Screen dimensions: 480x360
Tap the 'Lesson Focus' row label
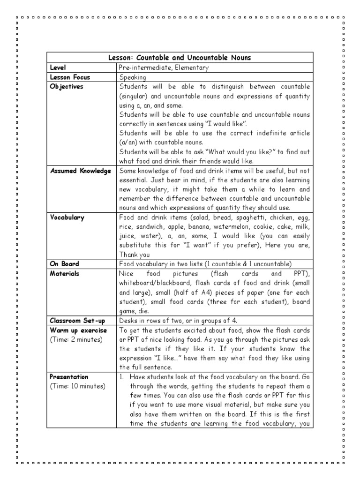(70, 77)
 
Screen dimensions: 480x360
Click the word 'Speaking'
(133, 77)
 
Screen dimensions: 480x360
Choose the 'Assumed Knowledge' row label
(81, 171)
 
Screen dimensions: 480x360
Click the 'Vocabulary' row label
(67, 217)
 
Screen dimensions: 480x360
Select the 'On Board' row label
(65, 264)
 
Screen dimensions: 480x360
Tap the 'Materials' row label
(65, 273)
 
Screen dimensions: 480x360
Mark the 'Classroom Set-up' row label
(77, 321)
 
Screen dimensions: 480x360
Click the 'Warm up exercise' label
(78, 330)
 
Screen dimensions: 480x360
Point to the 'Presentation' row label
(69, 377)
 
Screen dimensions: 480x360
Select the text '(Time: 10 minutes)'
(78, 386)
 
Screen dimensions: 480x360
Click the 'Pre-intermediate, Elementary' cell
(164, 67)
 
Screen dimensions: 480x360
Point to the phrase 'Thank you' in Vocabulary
(135, 255)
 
